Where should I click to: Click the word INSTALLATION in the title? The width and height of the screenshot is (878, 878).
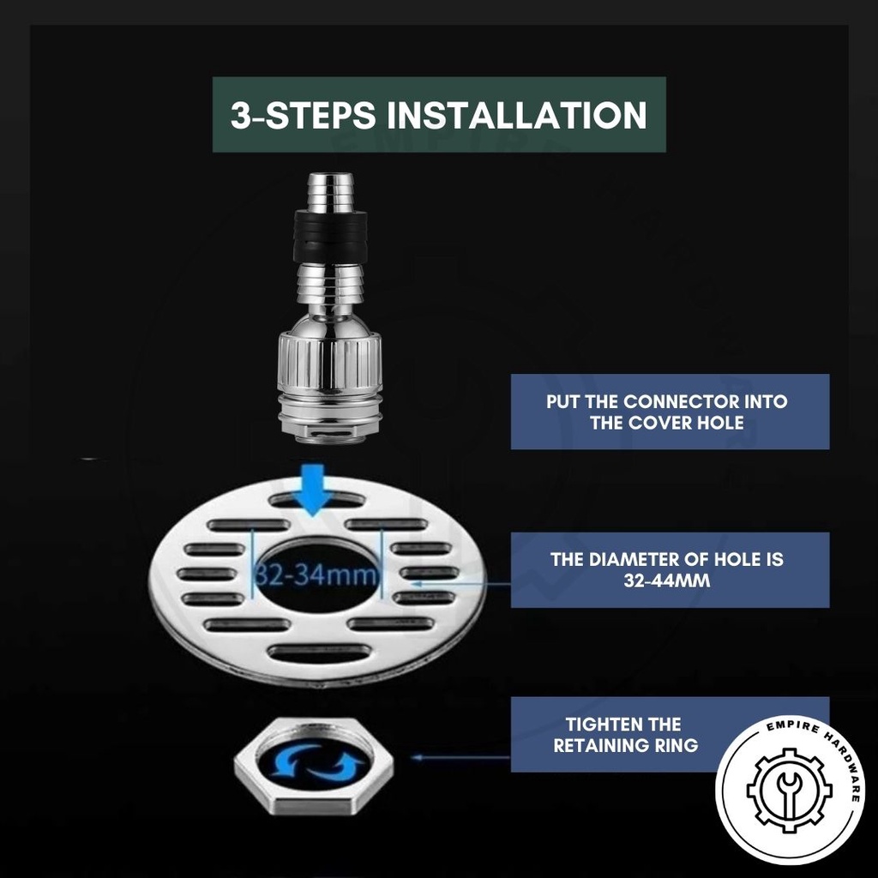[x=517, y=115]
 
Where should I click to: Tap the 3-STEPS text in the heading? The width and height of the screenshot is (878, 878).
[x=303, y=115]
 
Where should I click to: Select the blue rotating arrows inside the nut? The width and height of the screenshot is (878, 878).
[x=314, y=762]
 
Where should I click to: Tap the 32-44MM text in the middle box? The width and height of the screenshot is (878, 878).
[x=667, y=580]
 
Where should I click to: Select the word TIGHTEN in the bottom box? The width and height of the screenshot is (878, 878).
[x=601, y=725]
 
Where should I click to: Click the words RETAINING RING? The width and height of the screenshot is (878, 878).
[x=626, y=746]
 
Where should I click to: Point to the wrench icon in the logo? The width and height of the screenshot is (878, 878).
[x=790, y=790]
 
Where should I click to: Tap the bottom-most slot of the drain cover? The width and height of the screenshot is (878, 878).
[x=320, y=652]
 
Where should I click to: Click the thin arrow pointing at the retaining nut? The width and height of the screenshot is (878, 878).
[x=460, y=758]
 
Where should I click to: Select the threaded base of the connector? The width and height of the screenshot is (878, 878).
[x=330, y=418]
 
